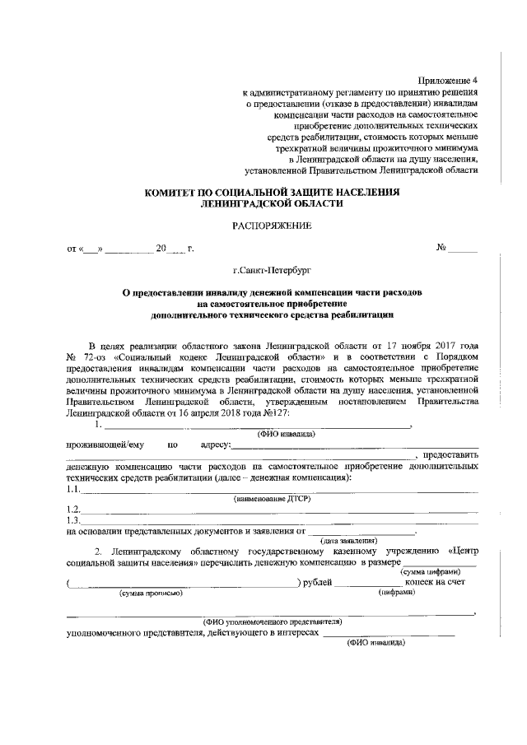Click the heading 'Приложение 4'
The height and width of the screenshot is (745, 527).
click(447, 81)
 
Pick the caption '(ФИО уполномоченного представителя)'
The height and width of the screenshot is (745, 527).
click(273, 621)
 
